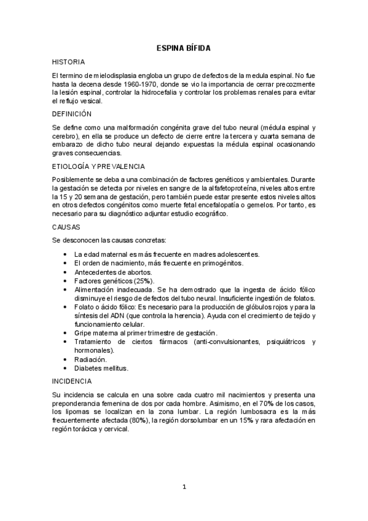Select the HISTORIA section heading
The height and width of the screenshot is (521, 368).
point(68,62)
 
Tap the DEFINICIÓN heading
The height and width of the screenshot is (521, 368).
point(71,114)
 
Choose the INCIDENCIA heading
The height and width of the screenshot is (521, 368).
point(72,381)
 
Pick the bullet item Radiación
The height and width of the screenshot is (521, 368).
point(90,359)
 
